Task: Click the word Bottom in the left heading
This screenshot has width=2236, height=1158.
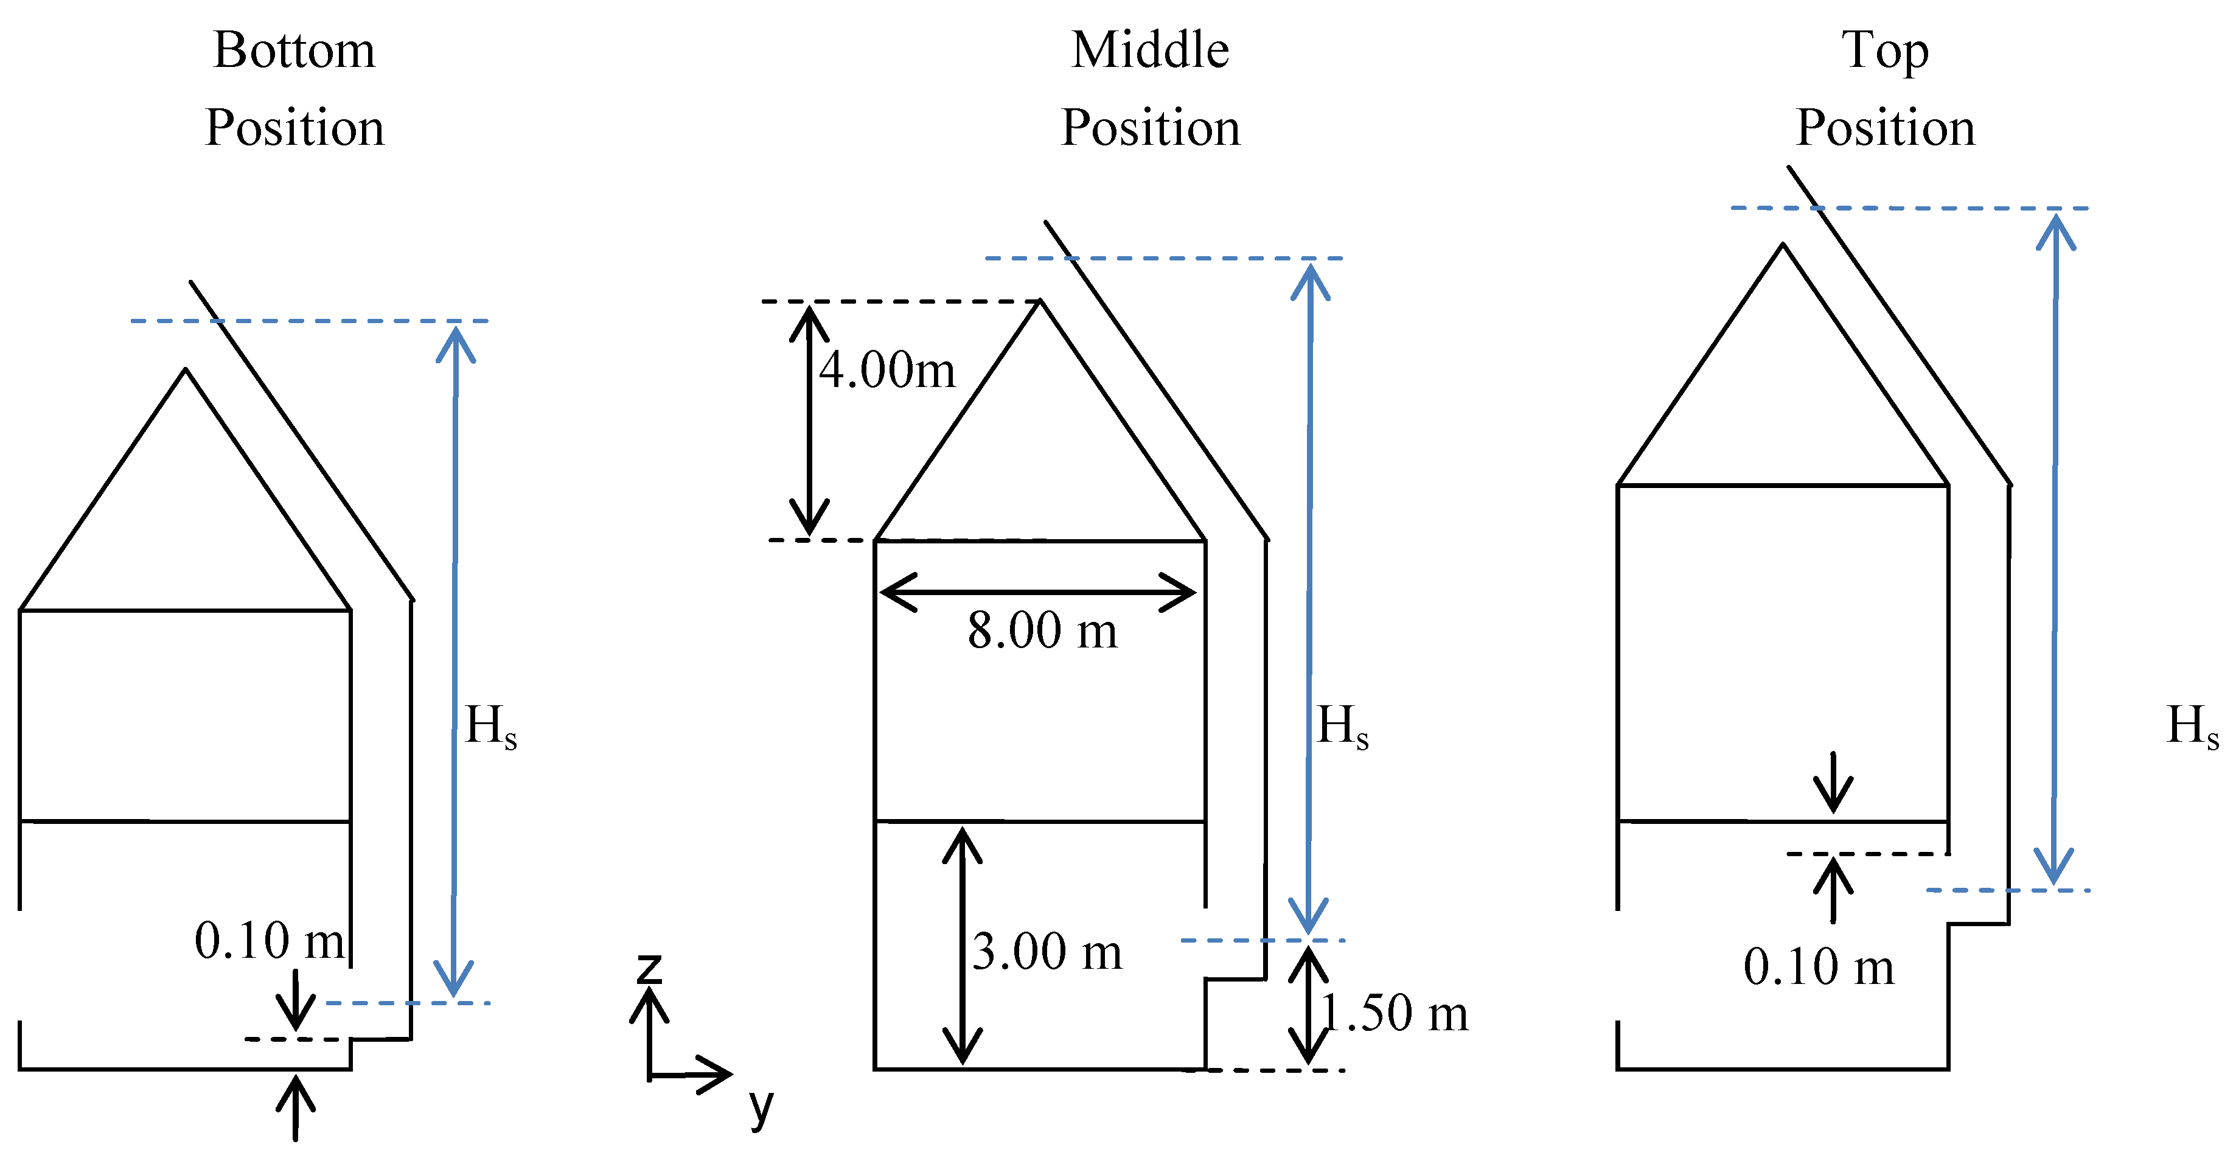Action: click(x=294, y=51)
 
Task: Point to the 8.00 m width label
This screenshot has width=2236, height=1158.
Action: click(x=1042, y=630)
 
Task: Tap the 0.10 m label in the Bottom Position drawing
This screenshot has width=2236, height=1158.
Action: click(x=269, y=940)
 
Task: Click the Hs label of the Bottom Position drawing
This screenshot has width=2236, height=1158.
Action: click(x=490, y=726)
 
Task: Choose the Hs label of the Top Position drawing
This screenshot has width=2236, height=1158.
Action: click(x=2192, y=726)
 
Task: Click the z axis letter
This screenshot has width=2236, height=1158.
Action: click(x=649, y=969)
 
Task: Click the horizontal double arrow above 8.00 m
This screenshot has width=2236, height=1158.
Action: click(x=1038, y=593)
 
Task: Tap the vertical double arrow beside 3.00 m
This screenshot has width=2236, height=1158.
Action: click(x=963, y=946)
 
